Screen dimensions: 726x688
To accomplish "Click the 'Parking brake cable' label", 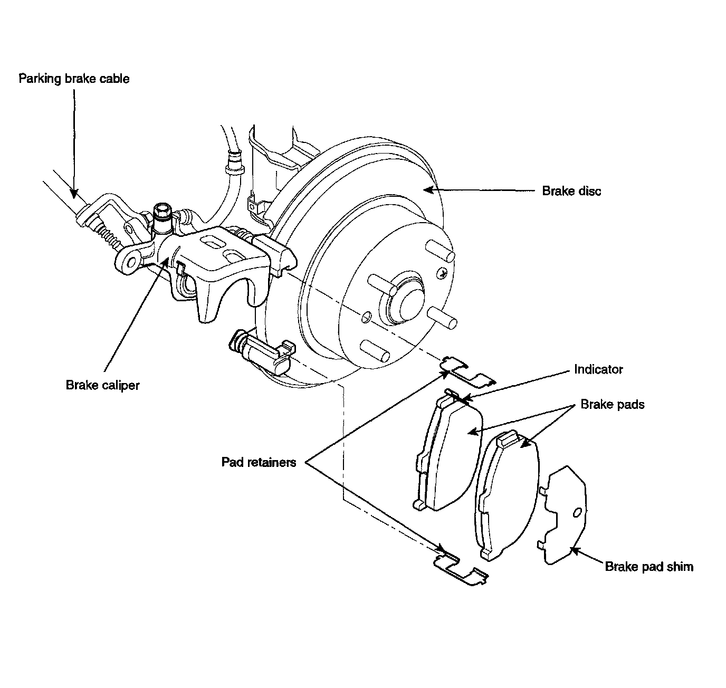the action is click(74, 79).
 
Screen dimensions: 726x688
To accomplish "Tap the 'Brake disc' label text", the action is click(571, 192).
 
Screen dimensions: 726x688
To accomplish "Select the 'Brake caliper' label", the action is click(103, 386).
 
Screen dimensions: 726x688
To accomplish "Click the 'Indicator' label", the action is click(598, 370).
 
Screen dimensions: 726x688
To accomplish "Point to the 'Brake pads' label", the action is click(612, 404).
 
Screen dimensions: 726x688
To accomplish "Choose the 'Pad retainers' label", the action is click(259, 462).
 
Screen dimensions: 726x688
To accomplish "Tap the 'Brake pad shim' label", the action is click(649, 567).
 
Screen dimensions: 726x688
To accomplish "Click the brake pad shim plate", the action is click(562, 515).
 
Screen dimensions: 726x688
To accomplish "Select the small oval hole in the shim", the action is click(577, 513).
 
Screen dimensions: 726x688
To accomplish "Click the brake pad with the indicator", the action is click(448, 451).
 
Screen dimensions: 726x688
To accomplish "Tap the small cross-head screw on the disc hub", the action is click(441, 273).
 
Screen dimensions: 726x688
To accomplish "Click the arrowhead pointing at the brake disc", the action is click(428, 190).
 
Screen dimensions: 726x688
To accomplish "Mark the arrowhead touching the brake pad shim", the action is click(575, 550).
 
